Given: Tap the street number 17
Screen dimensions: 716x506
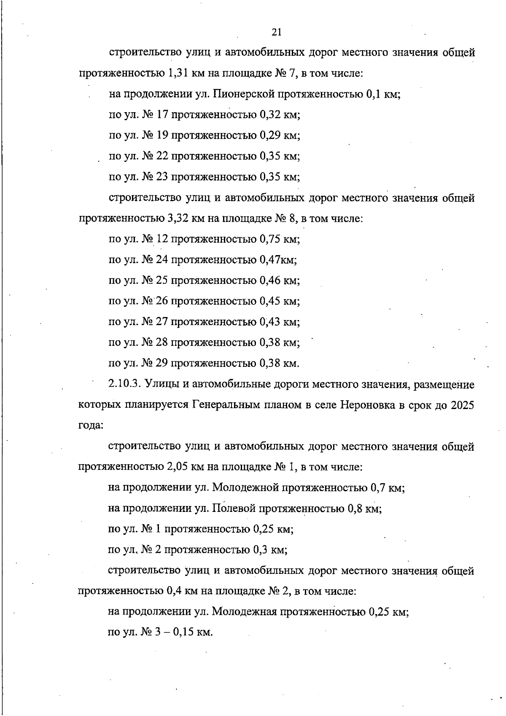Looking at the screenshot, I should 163,115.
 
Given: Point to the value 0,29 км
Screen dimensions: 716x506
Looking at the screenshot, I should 279,135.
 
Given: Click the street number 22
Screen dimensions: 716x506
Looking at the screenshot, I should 163,156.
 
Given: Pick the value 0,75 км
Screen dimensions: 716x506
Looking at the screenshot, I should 279,239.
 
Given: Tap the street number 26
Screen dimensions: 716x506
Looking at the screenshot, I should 163,301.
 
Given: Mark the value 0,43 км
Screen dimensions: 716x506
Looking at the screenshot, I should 279,322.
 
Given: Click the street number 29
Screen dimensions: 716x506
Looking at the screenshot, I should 163,363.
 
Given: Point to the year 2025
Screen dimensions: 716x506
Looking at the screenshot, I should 463,405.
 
